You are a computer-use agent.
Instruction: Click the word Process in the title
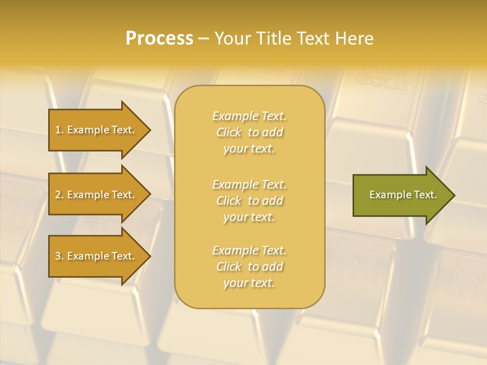[x=159, y=39]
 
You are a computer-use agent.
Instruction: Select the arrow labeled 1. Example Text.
[x=96, y=130]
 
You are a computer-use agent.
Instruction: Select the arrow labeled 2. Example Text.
[x=96, y=195]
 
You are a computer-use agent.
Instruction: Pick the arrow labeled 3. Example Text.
[x=96, y=256]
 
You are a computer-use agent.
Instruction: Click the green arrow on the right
[x=401, y=195]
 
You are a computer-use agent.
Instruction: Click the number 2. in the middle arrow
[x=59, y=195]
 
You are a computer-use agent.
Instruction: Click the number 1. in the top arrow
[x=59, y=130]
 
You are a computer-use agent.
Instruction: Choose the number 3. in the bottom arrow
[x=59, y=256]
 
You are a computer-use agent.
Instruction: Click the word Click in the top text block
[x=229, y=132]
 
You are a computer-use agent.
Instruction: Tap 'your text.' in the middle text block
[x=249, y=217]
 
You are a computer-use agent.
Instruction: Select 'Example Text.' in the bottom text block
[x=249, y=250]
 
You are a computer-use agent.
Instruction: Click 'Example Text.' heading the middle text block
[x=249, y=185]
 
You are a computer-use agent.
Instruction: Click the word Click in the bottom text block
[x=229, y=267]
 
